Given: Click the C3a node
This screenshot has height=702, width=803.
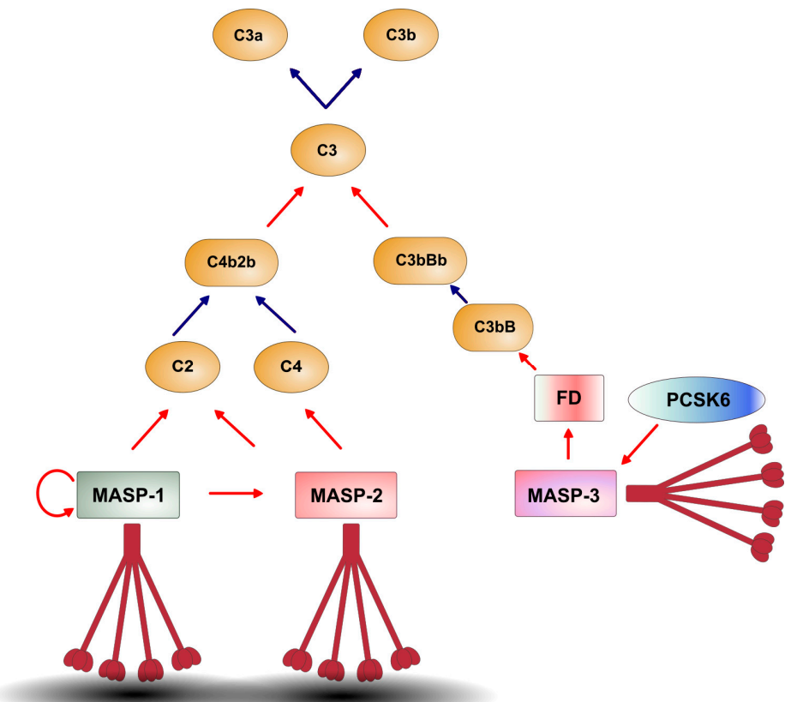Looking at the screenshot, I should [249, 36].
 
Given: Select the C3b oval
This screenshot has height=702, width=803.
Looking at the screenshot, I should [401, 36].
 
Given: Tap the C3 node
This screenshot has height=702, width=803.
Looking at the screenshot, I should [327, 151].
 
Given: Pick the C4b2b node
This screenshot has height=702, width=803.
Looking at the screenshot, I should [233, 261].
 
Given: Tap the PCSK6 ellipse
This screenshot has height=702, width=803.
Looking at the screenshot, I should [695, 400].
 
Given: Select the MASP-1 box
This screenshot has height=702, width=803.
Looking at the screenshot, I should [129, 494].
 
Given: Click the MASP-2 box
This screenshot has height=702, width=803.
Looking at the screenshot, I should [346, 495].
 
